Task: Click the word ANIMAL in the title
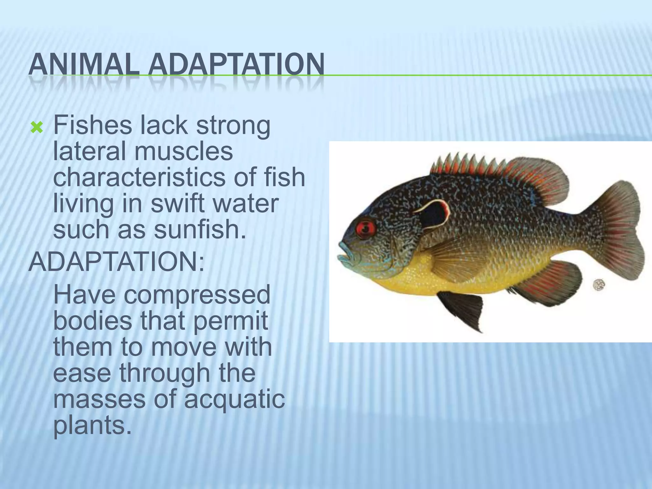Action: [83, 65]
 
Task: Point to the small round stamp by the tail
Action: [599, 285]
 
